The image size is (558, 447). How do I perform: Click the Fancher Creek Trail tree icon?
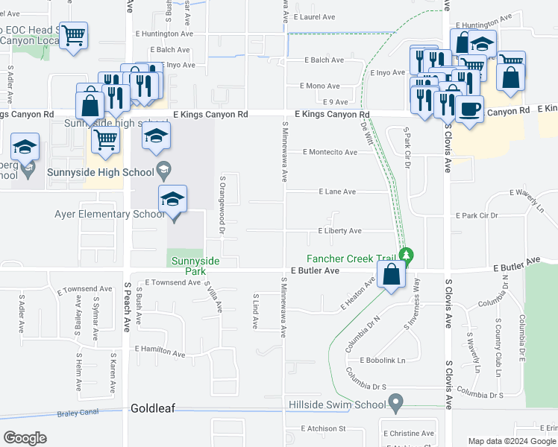[405, 256]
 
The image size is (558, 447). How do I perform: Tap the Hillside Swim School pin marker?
[396, 405]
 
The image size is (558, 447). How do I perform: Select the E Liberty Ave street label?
[339, 231]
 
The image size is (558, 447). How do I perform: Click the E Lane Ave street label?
[337, 191]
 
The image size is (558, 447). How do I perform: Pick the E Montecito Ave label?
[330, 152]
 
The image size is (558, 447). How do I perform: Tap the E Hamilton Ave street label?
[160, 349]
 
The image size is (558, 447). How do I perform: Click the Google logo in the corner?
[25, 438]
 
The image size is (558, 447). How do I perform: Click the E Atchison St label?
[324, 428]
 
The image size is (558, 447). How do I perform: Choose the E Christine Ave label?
[408, 433]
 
